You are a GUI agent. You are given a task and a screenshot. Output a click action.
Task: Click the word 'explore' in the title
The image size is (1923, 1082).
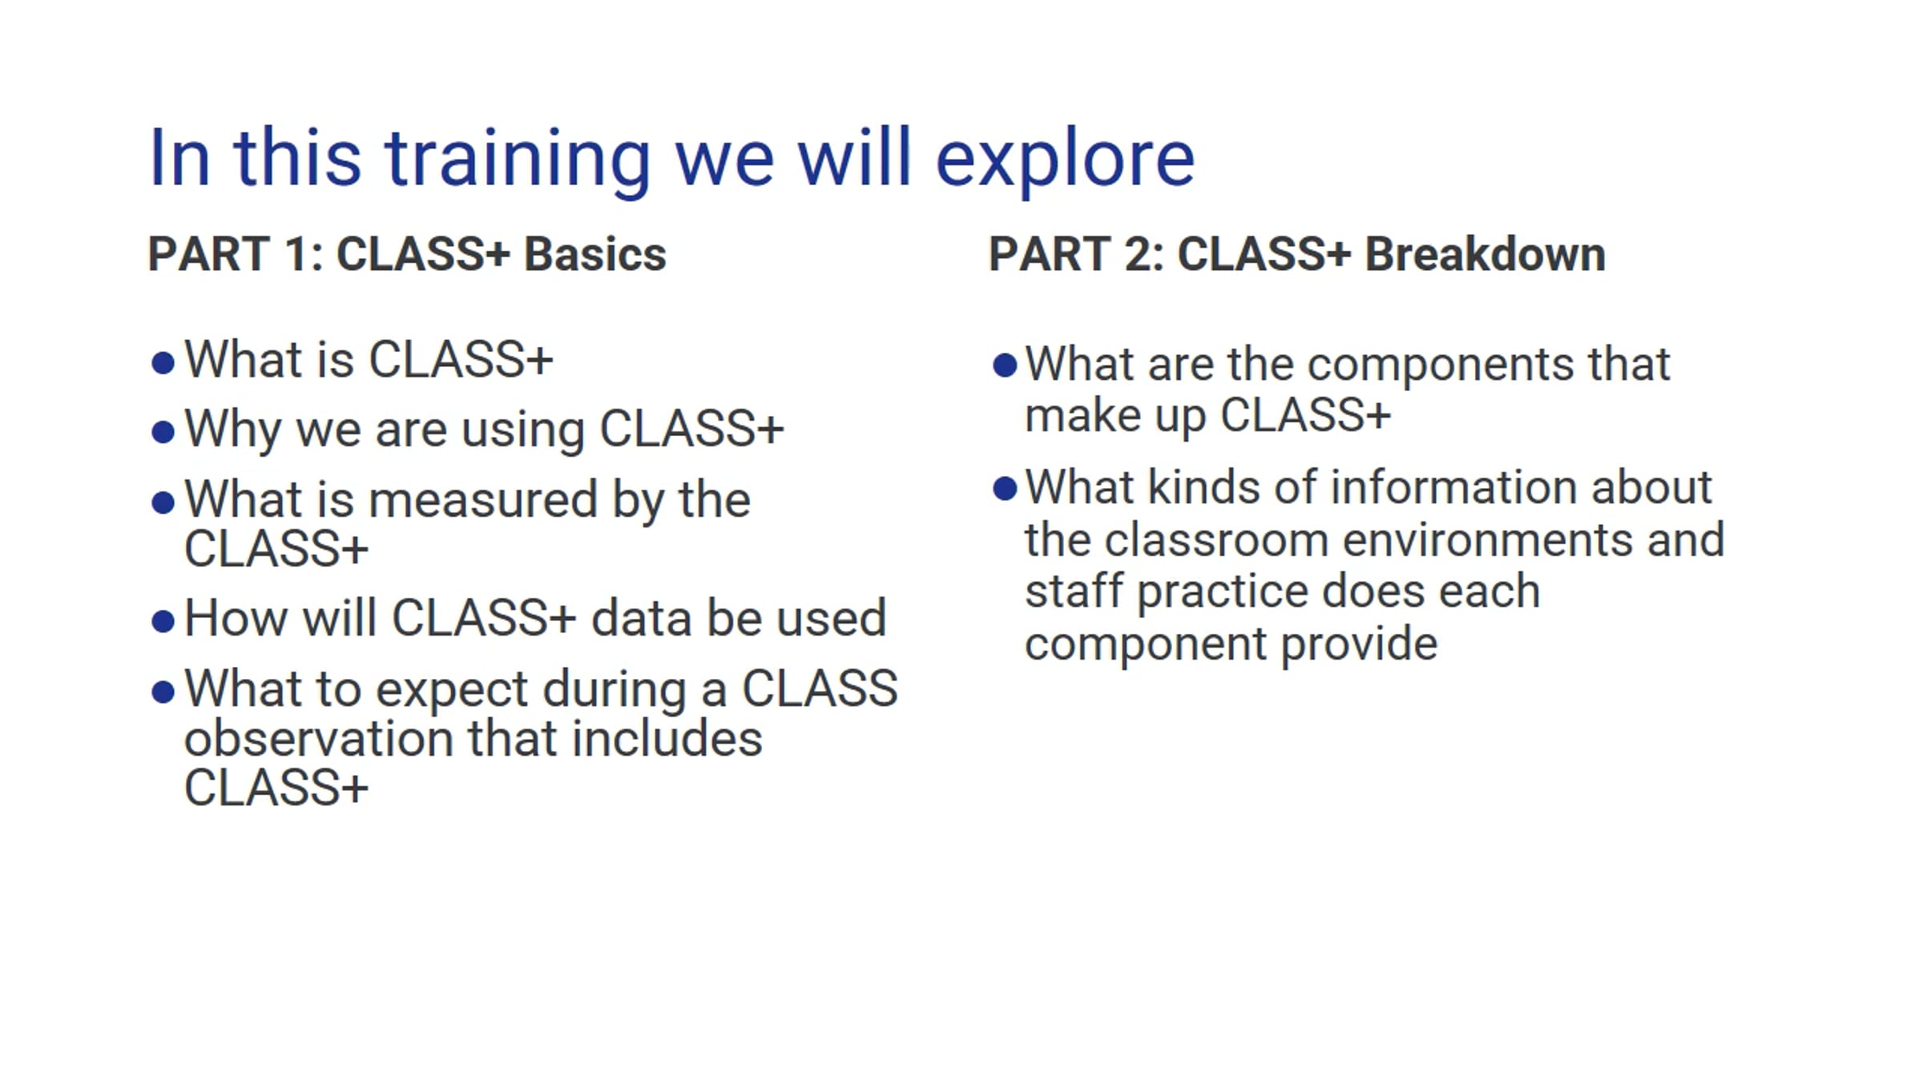[x=1065, y=160]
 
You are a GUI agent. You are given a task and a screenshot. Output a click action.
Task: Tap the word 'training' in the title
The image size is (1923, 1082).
[x=518, y=160]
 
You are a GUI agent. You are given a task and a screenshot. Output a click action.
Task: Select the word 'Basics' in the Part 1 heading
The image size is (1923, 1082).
[x=595, y=255]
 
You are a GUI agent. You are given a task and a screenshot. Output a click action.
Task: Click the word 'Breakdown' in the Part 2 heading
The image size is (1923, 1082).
[x=1485, y=255]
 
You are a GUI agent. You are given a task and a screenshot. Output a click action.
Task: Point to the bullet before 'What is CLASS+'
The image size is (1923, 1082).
[x=163, y=363]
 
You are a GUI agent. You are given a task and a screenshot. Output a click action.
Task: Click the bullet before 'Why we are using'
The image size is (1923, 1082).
[x=163, y=433]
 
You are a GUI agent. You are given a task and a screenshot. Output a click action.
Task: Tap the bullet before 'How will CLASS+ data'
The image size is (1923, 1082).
[x=163, y=622]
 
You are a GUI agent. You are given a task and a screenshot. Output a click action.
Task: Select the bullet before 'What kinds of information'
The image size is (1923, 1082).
[x=1004, y=489]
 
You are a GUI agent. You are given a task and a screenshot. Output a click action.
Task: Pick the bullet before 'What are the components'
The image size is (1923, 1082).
[x=1004, y=366]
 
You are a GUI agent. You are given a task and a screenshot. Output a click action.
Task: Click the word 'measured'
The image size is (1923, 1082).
[x=483, y=500]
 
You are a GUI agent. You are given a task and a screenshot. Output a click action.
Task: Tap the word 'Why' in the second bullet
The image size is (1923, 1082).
[x=233, y=430]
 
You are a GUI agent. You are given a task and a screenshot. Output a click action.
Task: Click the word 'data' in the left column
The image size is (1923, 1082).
[x=641, y=619]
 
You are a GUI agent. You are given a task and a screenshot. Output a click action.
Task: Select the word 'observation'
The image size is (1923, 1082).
[x=319, y=738]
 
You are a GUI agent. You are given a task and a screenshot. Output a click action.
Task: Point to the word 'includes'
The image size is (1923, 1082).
[x=667, y=738]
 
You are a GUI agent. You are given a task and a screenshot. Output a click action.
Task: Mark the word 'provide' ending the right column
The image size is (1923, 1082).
[x=1359, y=645]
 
